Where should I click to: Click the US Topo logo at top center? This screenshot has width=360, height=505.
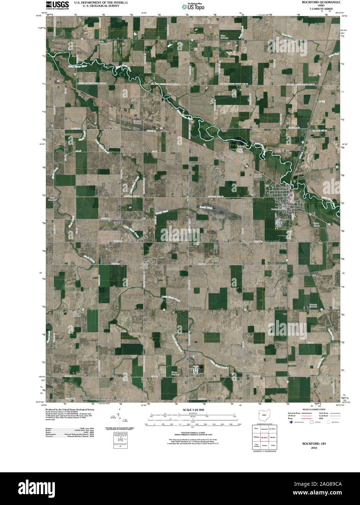pos(195,6)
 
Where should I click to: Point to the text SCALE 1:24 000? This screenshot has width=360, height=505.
pos(194,409)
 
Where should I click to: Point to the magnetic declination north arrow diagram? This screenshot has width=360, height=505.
pos(120,418)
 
